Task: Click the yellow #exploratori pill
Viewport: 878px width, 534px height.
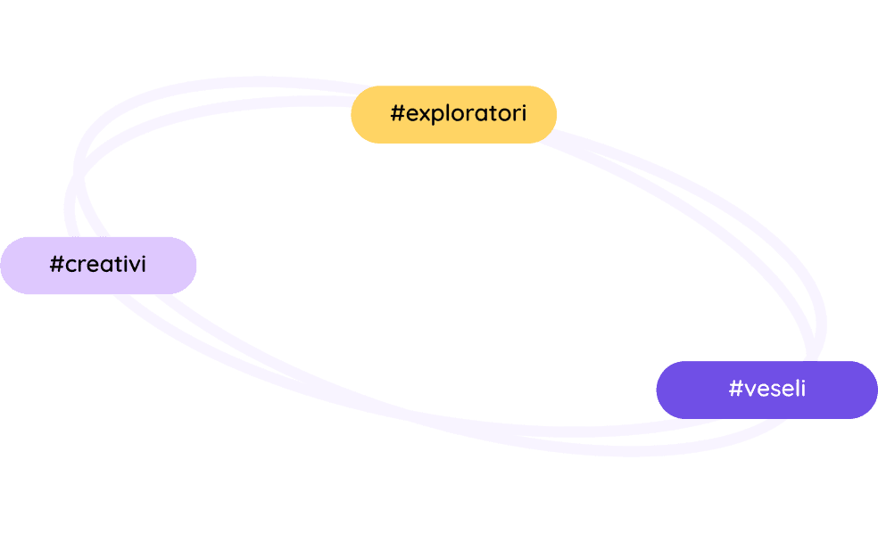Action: tap(453, 114)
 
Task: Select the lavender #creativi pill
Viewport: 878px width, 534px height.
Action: tap(98, 265)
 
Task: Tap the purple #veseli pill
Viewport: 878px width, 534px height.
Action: tap(766, 390)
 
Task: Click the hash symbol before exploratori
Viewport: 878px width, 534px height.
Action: tap(398, 114)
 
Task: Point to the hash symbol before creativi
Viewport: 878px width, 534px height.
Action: tap(57, 265)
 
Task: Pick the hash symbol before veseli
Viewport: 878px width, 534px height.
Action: tap(735, 389)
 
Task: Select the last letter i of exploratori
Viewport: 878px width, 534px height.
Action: tap(523, 113)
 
